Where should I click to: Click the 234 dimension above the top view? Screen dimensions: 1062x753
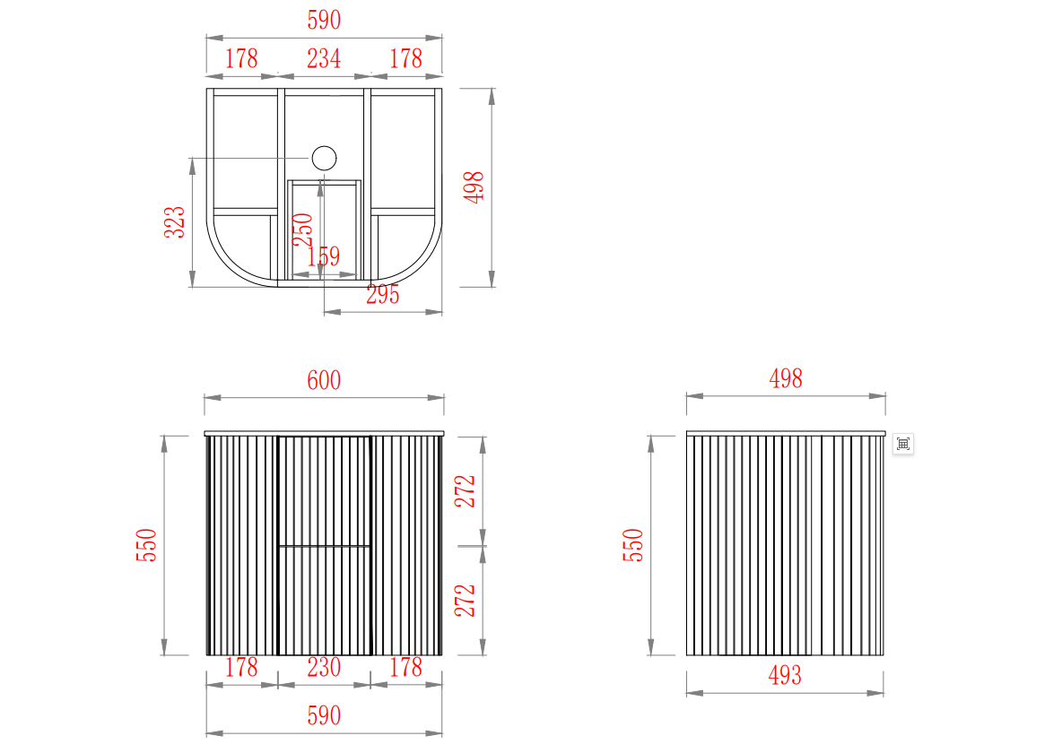click(x=324, y=59)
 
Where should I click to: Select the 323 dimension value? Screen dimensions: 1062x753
click(x=175, y=222)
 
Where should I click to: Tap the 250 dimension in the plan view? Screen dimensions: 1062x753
click(x=303, y=229)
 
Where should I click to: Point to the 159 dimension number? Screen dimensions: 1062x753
click(x=324, y=256)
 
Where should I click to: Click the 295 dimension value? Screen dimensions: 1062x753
click(x=383, y=295)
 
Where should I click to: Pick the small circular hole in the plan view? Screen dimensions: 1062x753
click(x=325, y=159)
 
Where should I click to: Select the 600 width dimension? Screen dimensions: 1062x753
click(x=324, y=381)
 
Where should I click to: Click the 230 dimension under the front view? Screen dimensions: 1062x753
click(x=324, y=668)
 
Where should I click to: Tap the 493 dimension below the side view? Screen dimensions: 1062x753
click(x=785, y=675)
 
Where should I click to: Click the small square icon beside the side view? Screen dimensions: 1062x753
click(x=903, y=445)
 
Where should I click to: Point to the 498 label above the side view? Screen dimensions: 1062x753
click(x=786, y=378)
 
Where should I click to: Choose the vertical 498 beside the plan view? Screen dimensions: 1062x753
click(x=474, y=186)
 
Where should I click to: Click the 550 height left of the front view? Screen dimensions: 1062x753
click(x=146, y=545)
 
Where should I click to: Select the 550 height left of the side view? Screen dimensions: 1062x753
click(x=632, y=545)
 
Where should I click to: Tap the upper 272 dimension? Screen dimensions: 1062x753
click(x=466, y=491)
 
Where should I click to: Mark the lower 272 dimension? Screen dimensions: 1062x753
click(x=466, y=601)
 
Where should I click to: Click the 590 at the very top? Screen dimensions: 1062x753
click(x=324, y=21)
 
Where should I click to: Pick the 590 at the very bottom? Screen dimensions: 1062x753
click(x=324, y=715)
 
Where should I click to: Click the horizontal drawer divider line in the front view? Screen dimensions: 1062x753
click(x=325, y=546)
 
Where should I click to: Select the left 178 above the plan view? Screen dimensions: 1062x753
click(x=241, y=59)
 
